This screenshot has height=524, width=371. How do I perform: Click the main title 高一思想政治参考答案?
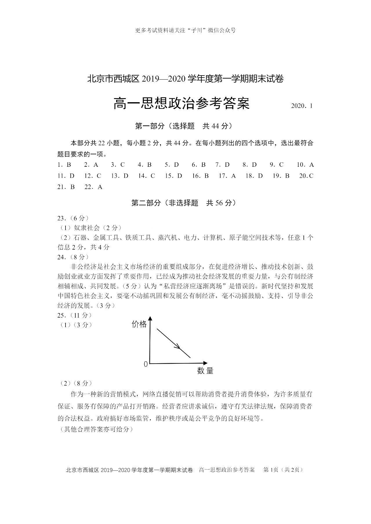click(181, 104)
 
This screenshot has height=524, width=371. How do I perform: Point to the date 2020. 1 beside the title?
click(302, 106)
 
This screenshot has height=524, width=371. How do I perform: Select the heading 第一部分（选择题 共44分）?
click(184, 126)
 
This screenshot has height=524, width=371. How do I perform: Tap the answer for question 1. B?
click(64, 165)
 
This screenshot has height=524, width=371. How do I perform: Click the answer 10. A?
click(305, 165)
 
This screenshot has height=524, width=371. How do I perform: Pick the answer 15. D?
click(173, 176)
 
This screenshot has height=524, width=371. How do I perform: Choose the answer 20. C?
click(306, 176)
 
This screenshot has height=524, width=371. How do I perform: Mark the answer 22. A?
click(94, 187)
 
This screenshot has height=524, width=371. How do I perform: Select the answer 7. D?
click(222, 165)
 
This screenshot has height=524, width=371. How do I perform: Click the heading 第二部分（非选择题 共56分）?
click(184, 203)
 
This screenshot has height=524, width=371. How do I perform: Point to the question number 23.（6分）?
click(73, 218)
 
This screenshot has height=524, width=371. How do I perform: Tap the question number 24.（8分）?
click(73, 257)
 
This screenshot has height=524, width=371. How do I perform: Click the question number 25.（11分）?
click(74, 315)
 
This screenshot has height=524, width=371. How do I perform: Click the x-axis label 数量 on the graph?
click(205, 371)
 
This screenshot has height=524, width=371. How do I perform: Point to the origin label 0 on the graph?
click(146, 364)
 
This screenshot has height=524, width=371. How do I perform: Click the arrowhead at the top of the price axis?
click(150, 318)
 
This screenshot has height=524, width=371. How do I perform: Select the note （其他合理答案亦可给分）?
click(97, 429)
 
